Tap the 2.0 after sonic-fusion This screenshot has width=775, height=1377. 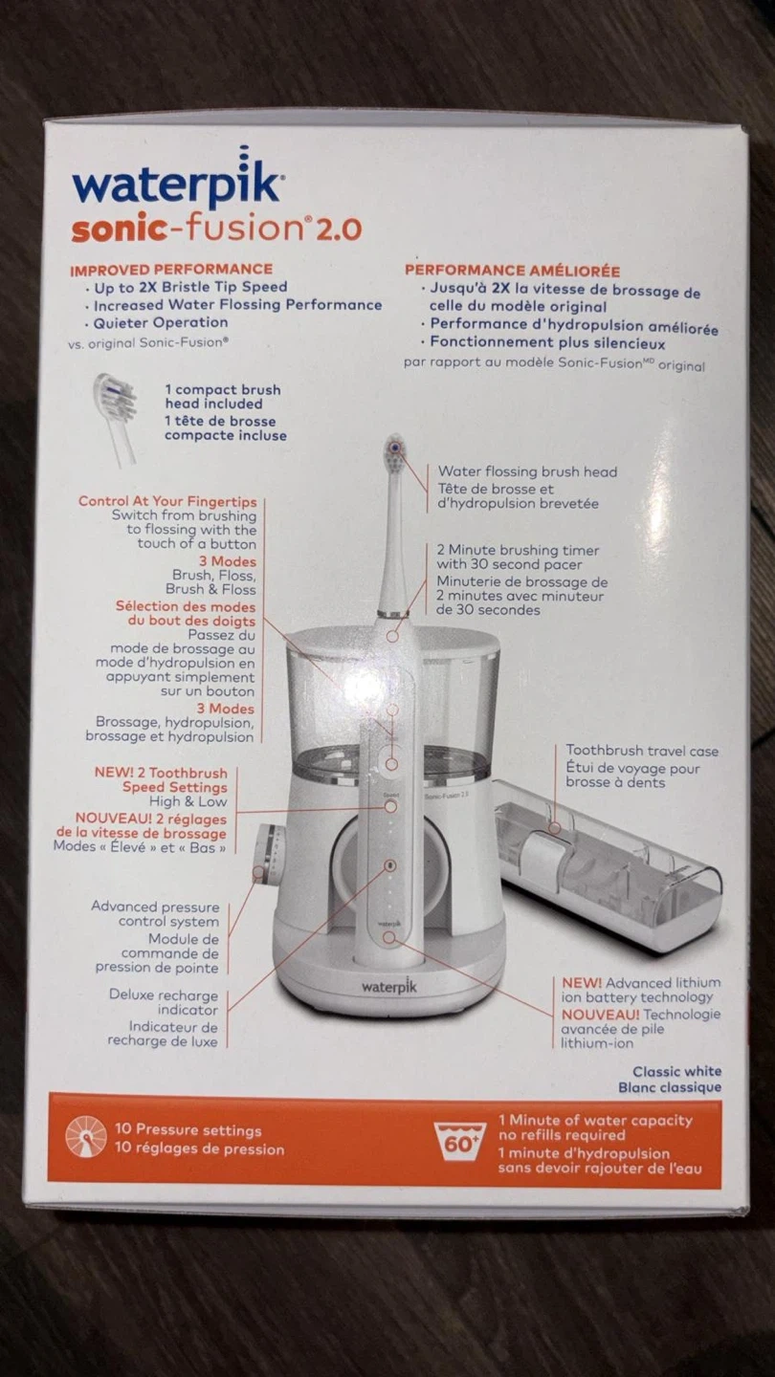(x=339, y=229)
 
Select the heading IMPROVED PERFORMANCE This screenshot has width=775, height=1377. (x=171, y=270)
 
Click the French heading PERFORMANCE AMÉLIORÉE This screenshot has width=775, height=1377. (x=513, y=271)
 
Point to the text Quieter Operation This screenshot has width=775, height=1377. (x=161, y=323)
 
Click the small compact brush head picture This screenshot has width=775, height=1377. (x=117, y=419)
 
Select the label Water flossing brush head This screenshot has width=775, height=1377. (x=527, y=471)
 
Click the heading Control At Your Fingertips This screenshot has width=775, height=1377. (x=167, y=501)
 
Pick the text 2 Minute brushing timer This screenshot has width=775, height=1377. (x=518, y=550)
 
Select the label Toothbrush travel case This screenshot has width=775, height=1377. (x=642, y=751)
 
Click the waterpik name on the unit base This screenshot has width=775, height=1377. (x=388, y=987)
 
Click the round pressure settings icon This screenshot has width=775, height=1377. (x=86, y=1137)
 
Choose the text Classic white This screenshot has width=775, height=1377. (x=677, y=1071)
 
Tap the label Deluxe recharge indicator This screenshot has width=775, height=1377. (x=164, y=1002)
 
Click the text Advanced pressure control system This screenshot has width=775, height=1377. (x=155, y=914)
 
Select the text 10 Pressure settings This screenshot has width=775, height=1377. (x=188, y=1130)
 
